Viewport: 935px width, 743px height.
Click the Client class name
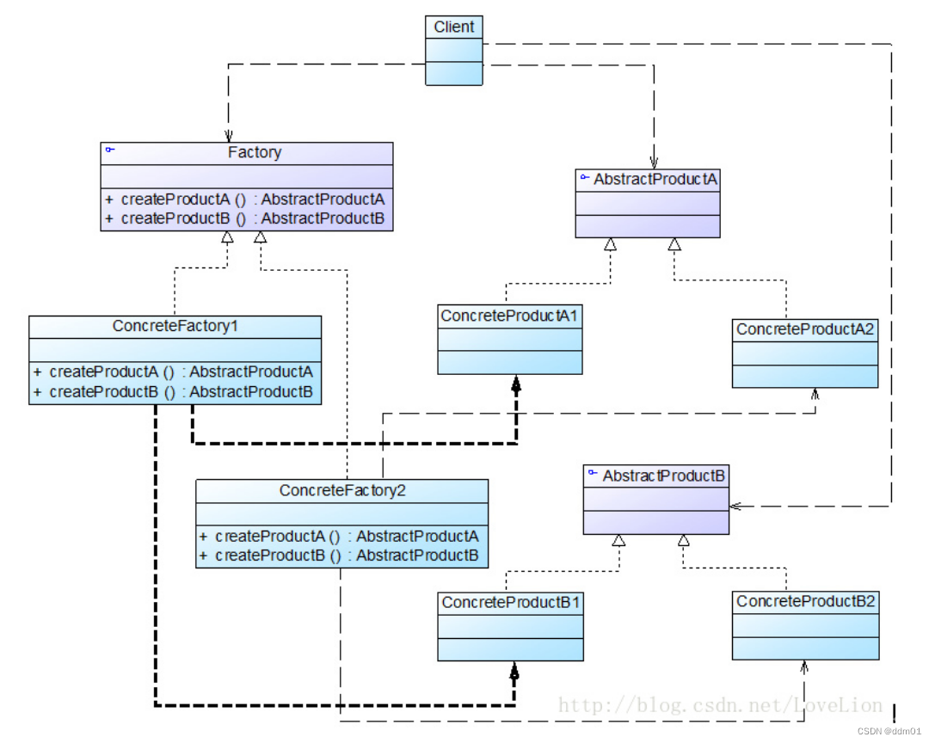453,28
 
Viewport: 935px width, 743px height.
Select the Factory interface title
254,153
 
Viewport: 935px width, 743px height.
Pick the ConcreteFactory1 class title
175,327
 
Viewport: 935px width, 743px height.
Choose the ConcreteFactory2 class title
342,491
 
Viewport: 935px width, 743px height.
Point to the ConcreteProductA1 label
509,316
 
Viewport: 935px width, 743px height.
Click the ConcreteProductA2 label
805,330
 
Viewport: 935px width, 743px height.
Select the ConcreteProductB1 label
510,603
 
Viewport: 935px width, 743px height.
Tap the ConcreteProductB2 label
806,601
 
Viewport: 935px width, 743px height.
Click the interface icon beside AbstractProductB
593,473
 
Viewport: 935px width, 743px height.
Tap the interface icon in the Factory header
109,150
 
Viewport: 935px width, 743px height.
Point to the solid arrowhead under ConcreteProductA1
516,384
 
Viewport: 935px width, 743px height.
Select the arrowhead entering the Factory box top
228,136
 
